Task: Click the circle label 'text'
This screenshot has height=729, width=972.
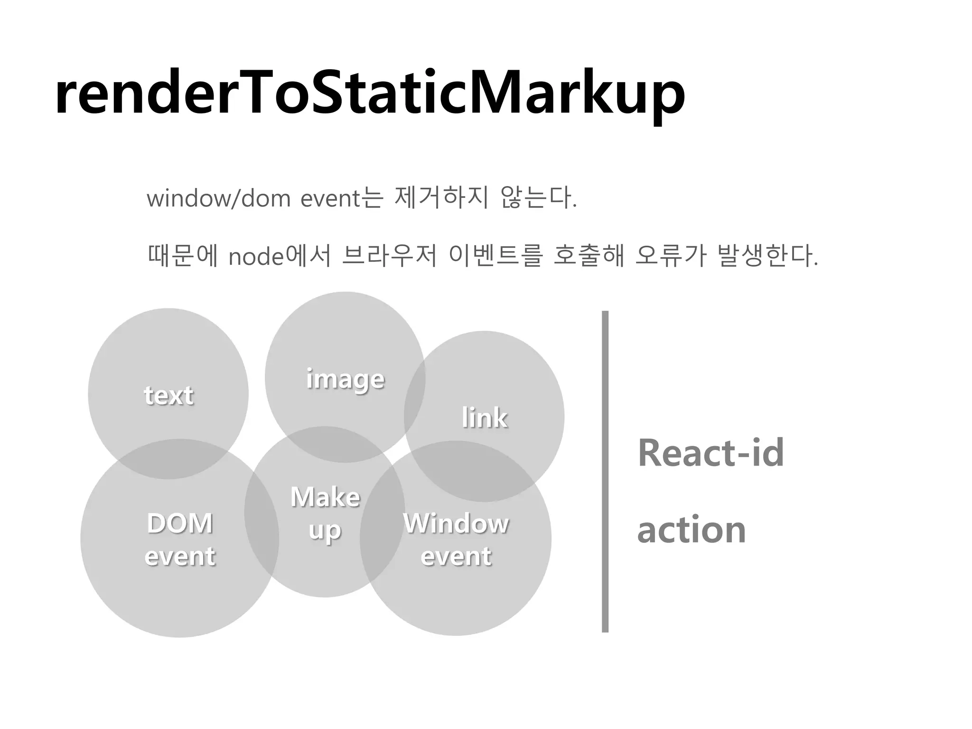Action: (x=169, y=395)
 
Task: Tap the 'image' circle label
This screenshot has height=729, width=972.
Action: (x=345, y=379)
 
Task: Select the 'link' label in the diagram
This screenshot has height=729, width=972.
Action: (x=485, y=418)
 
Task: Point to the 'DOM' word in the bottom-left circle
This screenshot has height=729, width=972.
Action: (x=180, y=524)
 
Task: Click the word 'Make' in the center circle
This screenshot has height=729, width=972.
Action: (x=325, y=497)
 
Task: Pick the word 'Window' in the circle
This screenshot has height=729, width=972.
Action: (x=456, y=524)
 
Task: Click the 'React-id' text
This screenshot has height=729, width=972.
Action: (x=710, y=453)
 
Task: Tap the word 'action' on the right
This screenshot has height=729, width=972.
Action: (x=691, y=530)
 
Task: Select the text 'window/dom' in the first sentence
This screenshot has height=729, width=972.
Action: (x=218, y=198)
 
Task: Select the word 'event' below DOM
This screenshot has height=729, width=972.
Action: (x=180, y=556)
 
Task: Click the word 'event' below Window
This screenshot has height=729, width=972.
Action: (x=456, y=556)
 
